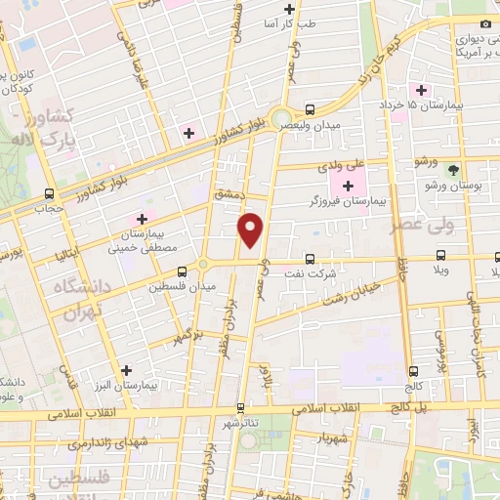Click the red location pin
point(252,229)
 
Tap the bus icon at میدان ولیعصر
point(310,109)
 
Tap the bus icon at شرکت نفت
point(309,260)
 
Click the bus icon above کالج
point(414,372)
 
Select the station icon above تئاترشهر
point(240,408)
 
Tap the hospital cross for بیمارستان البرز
point(126,370)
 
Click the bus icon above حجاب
point(49,193)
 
